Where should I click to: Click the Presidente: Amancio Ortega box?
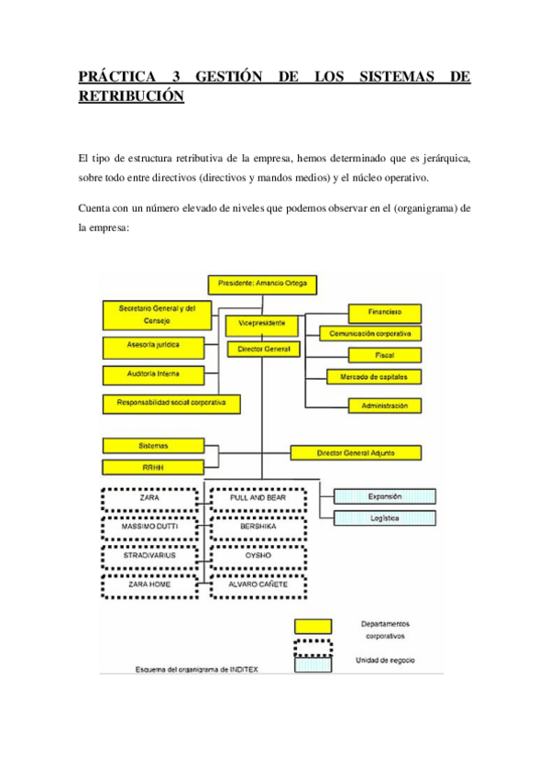(x=263, y=284)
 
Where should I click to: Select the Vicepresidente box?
(x=262, y=324)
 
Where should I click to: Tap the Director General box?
(x=263, y=350)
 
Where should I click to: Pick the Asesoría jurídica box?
(x=153, y=346)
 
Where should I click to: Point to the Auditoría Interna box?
(x=153, y=373)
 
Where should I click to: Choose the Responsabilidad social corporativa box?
(x=171, y=402)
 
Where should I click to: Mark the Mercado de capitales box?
(x=375, y=376)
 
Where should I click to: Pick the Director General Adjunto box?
(x=356, y=452)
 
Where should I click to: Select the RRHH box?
(x=153, y=467)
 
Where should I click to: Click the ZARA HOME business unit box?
(x=148, y=583)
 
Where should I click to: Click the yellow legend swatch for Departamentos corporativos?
(x=312, y=627)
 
